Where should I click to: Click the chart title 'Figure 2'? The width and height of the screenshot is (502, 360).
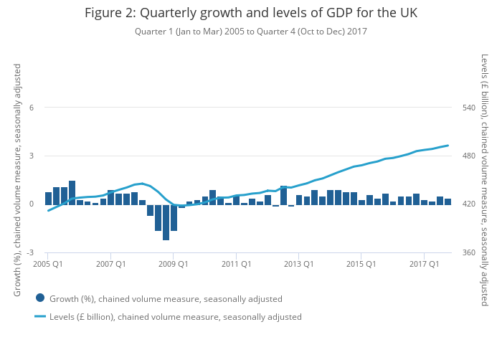[x=250, y=13]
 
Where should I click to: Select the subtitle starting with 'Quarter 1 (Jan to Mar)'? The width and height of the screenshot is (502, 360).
[x=250, y=32]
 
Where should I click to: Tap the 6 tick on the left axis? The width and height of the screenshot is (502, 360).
[x=31, y=108]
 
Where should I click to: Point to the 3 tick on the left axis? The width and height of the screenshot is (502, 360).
[x=31, y=156]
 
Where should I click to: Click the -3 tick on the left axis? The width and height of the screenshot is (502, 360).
[x=29, y=252]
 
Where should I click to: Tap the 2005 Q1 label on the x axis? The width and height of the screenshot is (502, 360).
[x=48, y=264]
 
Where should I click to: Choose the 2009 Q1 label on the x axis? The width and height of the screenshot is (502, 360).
[x=174, y=264]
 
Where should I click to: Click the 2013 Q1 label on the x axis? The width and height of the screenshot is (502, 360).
[x=299, y=264]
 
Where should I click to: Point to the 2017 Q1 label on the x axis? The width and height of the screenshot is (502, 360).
[x=425, y=264]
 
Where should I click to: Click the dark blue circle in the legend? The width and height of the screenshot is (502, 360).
[x=40, y=298]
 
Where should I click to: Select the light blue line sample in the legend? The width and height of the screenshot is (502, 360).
[x=40, y=316]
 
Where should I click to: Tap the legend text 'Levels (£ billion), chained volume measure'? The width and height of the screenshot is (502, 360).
[x=176, y=316]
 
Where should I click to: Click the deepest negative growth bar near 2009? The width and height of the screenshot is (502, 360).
[x=166, y=222]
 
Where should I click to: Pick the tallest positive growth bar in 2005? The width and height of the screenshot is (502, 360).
[x=72, y=192]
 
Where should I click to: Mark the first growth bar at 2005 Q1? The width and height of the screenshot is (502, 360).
[x=48, y=198]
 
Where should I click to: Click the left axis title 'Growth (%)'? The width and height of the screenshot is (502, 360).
[x=18, y=179]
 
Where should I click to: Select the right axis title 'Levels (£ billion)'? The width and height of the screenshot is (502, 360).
[x=485, y=179]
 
